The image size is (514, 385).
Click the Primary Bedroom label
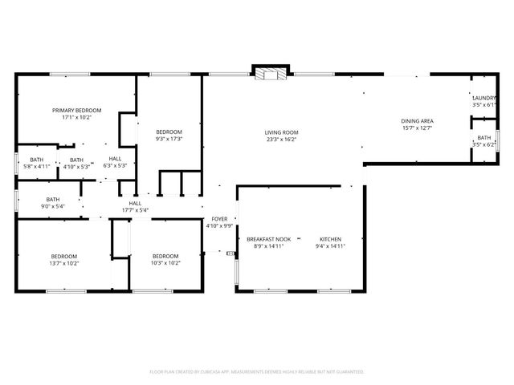[76, 110]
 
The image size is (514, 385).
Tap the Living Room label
[282, 132]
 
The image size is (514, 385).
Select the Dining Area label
[417, 121]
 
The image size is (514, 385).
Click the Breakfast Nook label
[268, 240]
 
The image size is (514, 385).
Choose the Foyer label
[219, 219]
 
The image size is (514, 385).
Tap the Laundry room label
[483, 98]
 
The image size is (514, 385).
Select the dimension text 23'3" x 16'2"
[282, 140]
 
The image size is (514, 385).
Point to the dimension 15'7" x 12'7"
[417, 128]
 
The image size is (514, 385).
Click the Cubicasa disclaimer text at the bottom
[257, 372]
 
